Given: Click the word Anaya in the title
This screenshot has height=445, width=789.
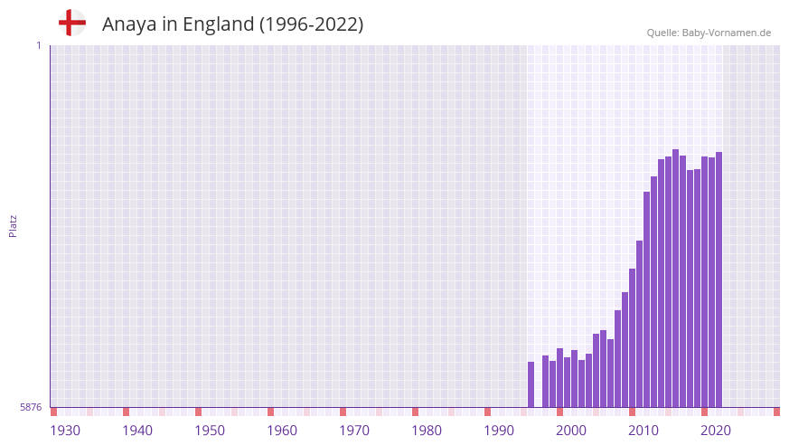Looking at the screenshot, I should [x=129, y=24].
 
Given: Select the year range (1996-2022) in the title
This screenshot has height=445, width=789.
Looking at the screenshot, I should [x=311, y=24].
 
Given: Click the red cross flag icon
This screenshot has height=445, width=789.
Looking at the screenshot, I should [x=71, y=23].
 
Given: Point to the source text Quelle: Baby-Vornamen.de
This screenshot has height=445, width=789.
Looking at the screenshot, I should [x=709, y=33].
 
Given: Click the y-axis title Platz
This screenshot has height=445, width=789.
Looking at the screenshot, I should [x=13, y=225].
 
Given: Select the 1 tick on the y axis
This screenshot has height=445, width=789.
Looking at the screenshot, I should [x=38, y=45].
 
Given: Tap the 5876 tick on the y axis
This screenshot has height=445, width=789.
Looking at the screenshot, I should [x=31, y=407].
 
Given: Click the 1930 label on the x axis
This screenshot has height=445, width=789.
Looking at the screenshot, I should [x=65, y=431].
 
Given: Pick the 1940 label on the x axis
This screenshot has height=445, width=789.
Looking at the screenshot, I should [x=137, y=431].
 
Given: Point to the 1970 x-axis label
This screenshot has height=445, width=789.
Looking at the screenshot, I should [x=354, y=431].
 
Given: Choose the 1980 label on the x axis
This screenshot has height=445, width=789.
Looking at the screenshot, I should [x=427, y=431].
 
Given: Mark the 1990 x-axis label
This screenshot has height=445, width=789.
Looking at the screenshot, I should [x=499, y=431].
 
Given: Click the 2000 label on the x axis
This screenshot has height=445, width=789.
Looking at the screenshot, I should [x=571, y=431].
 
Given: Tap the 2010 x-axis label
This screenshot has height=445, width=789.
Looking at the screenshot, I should [x=643, y=431].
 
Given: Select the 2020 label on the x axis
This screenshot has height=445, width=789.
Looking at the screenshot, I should [x=716, y=431].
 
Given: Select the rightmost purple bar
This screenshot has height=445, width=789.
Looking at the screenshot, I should [x=719, y=279].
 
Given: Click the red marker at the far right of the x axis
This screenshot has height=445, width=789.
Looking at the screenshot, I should [x=776, y=412].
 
